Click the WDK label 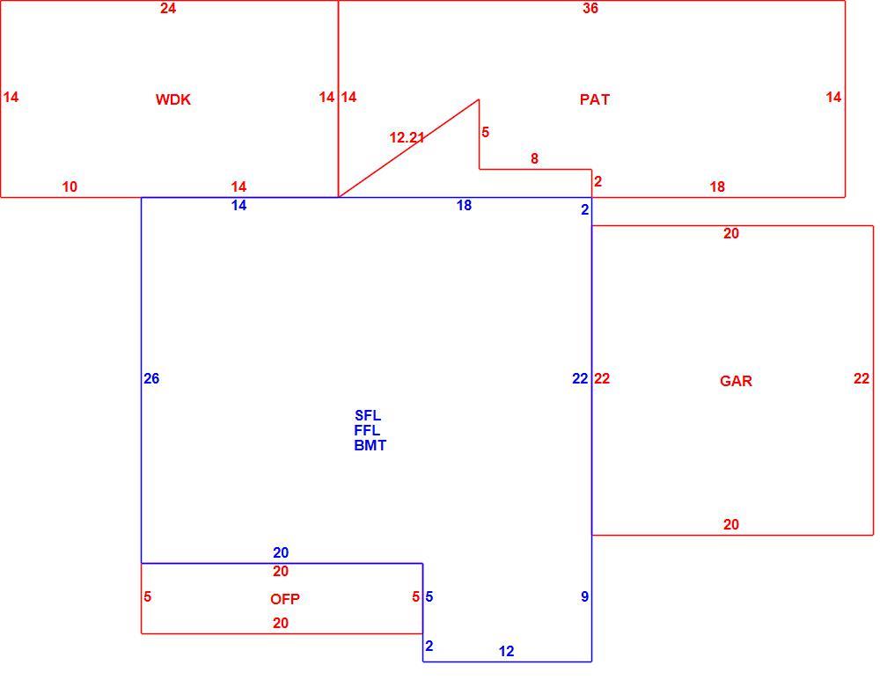[172, 99]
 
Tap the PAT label [594, 99]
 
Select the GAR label [736, 382]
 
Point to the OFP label [284, 599]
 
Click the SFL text [368, 415]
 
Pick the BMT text [370, 445]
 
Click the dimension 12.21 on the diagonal [407, 137]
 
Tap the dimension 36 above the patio [590, 8]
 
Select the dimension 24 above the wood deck [168, 8]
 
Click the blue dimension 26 [151, 378]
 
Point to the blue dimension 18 [464, 205]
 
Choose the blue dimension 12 [506, 651]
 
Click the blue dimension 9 [585, 596]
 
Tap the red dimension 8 [534, 158]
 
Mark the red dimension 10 [70, 186]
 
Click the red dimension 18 [717, 186]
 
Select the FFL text [367, 430]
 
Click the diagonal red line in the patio [408, 148]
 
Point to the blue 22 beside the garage [580, 378]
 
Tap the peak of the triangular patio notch [479, 99]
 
